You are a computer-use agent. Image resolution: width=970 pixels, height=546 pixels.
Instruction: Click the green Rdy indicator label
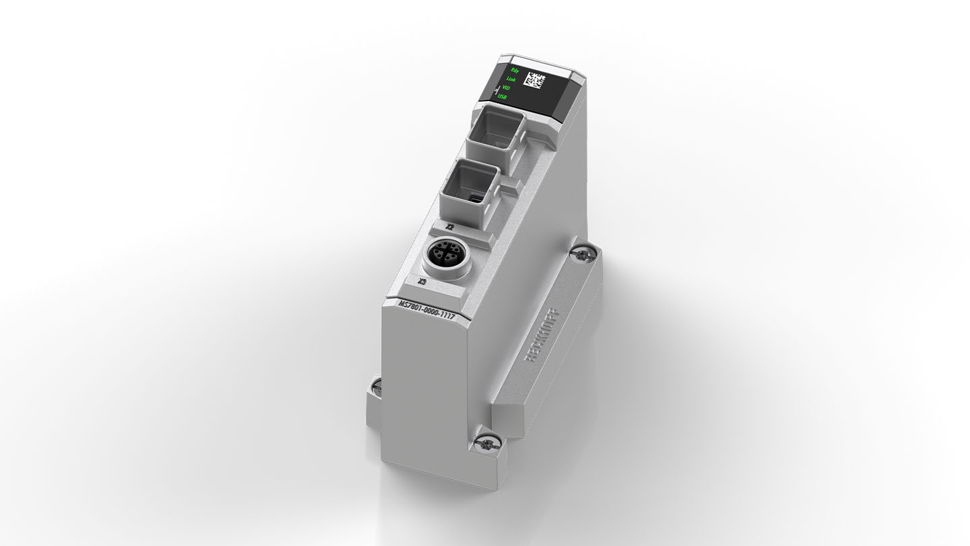[515, 70]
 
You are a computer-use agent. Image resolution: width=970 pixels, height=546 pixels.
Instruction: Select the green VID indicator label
[506, 88]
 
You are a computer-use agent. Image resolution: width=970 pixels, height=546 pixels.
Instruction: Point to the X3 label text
[422, 281]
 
